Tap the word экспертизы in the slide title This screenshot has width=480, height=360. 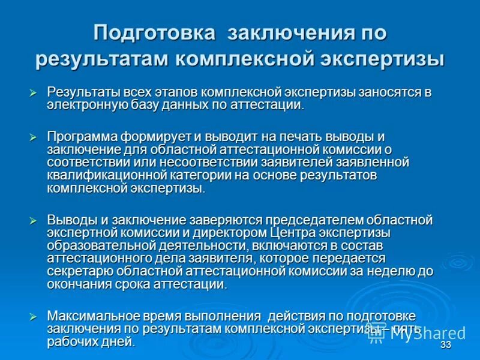pyautogui.click(x=386, y=59)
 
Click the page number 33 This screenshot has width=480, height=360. pyautogui.click(x=445, y=346)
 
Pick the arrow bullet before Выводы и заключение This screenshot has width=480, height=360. pyautogui.click(x=34, y=220)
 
